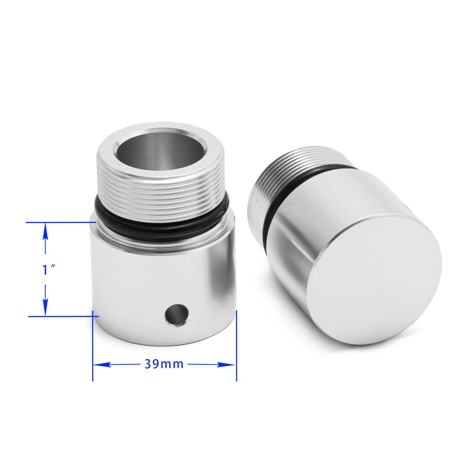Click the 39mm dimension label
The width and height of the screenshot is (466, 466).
point(164,364)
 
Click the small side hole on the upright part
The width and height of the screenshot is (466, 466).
point(175,314)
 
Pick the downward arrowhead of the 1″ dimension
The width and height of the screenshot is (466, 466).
point(45,306)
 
